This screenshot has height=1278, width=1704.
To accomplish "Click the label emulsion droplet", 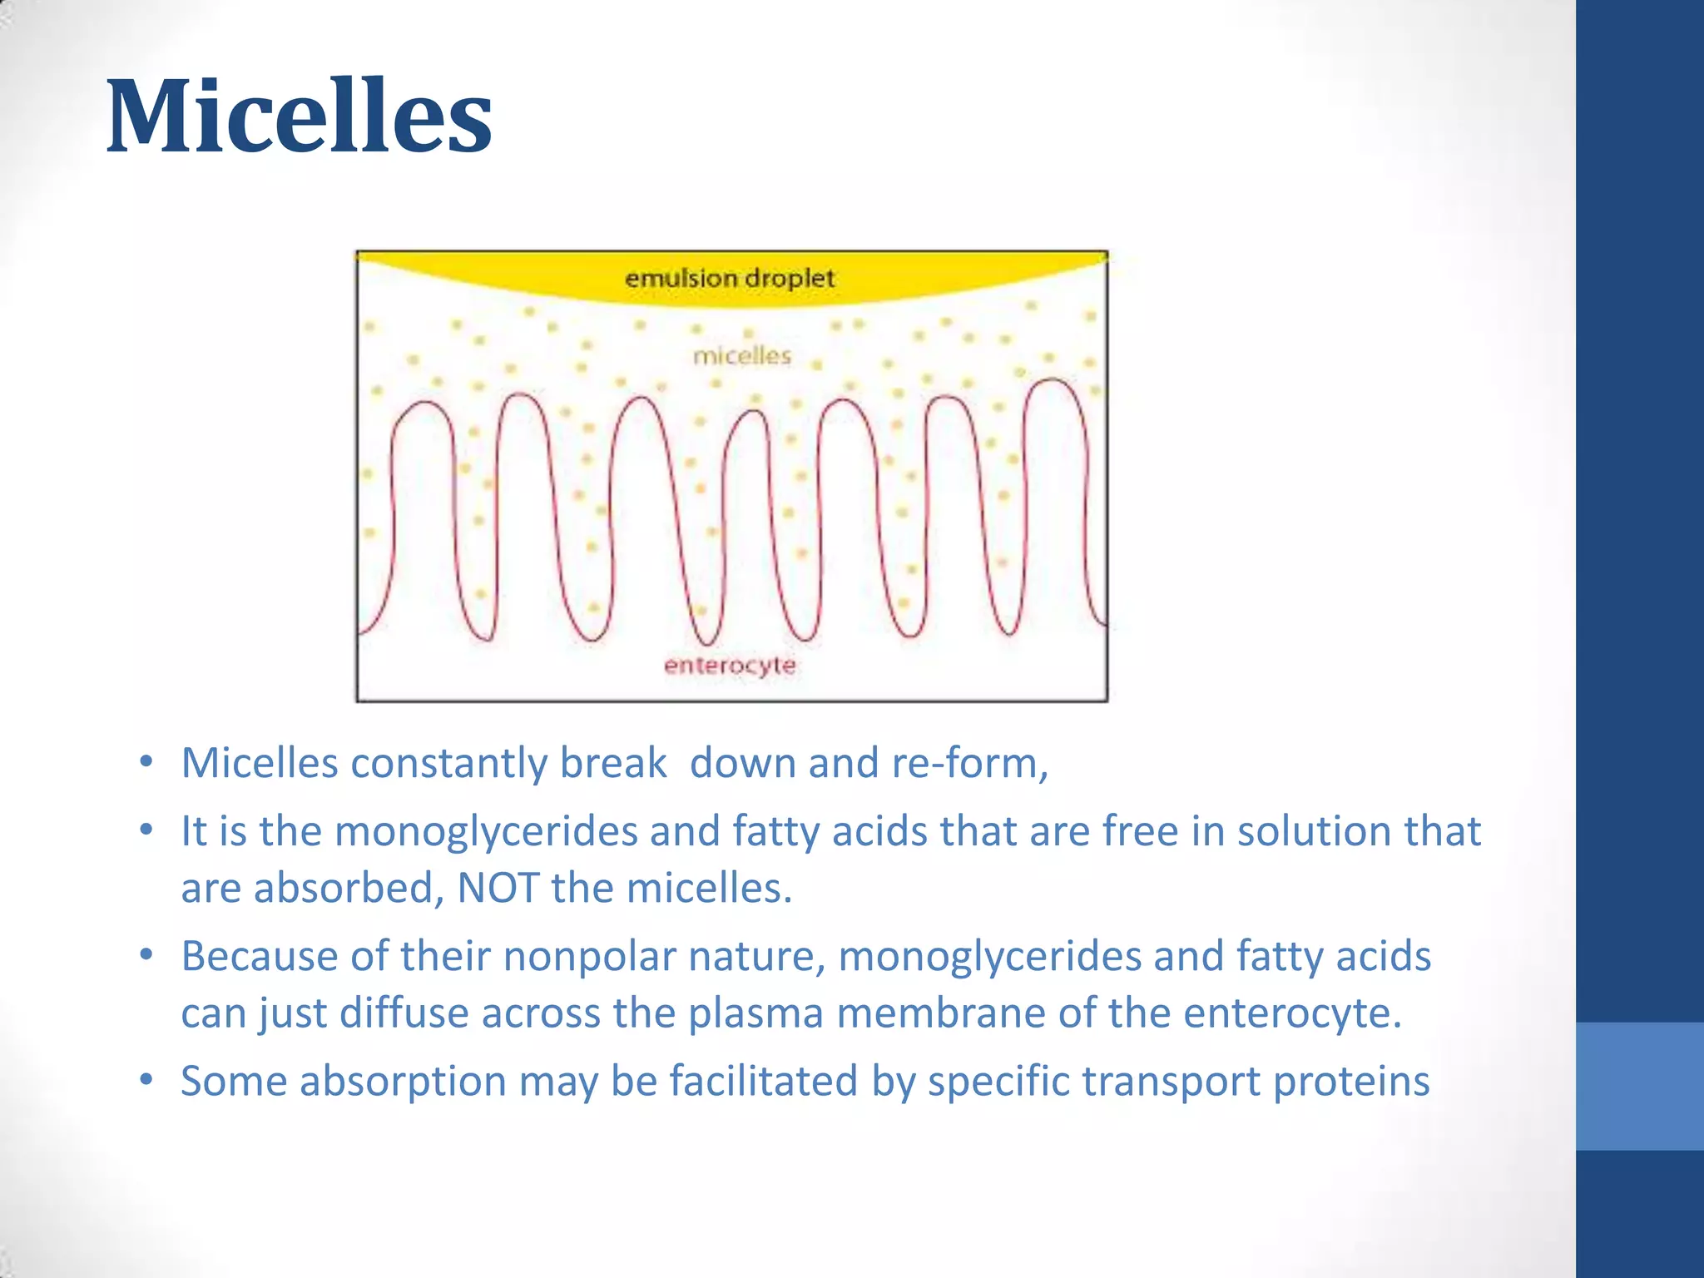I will [729, 278].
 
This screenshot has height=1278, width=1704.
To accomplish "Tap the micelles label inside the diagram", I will [742, 356].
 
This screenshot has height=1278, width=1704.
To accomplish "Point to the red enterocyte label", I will [730, 665].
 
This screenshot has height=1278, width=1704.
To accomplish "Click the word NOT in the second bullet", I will [498, 888].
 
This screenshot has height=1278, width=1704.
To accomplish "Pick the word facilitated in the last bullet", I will [763, 1082].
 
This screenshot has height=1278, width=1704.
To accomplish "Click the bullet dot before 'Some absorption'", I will [146, 1080].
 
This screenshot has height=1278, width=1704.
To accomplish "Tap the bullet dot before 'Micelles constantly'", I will [146, 761].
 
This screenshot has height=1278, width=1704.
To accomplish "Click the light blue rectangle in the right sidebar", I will [1639, 1086].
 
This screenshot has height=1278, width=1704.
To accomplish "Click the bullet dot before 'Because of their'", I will [146, 954].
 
